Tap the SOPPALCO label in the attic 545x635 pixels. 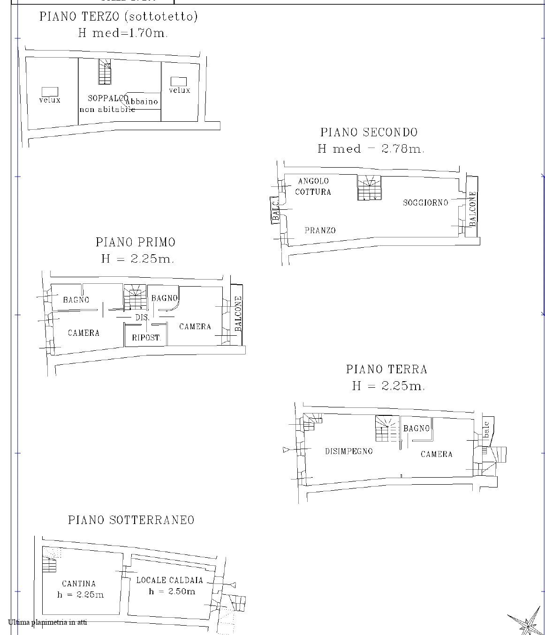coord(108,98)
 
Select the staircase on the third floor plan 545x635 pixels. coord(105,71)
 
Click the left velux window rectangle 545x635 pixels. coord(50,91)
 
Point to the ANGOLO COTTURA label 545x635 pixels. coord(313,186)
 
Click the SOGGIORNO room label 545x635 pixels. coord(425,202)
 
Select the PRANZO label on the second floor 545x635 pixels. coord(320,230)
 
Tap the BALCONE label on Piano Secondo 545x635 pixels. coord(473,209)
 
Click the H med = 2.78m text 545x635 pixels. coord(371,149)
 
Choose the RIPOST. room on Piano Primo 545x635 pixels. coord(146,337)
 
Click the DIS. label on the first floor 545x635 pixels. coord(142,317)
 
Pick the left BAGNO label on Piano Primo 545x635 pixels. coord(76,300)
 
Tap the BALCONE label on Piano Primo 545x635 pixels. coord(238,313)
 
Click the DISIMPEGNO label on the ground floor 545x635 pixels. coord(349,451)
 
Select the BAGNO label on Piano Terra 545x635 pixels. coord(416,428)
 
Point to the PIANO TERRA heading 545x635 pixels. coord(386,369)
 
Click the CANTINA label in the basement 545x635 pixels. coord(79,583)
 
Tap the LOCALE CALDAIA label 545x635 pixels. coord(169,580)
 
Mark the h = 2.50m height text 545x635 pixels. coord(172,591)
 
